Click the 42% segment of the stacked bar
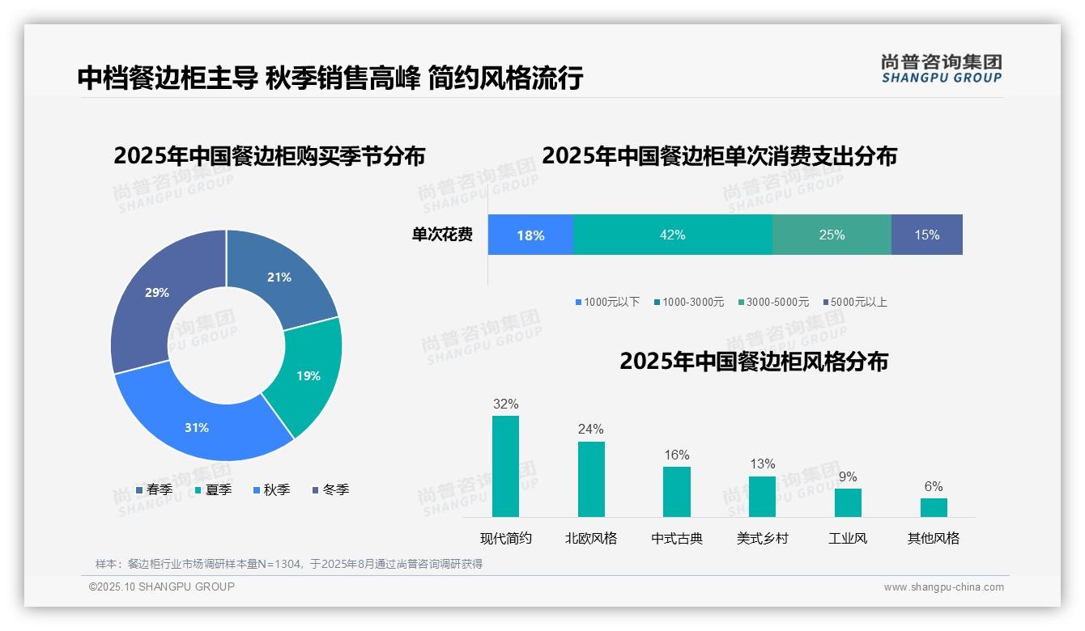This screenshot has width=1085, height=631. [672, 235]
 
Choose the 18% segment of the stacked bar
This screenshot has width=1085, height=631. [530, 235]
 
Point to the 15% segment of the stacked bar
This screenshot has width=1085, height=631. [926, 235]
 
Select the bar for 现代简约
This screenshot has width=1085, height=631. [505, 466]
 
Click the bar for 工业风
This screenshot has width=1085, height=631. [848, 502]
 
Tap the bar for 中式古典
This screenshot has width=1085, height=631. [677, 491]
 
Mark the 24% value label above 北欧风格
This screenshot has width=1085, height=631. [590, 430]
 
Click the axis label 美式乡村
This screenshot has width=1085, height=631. [762, 538]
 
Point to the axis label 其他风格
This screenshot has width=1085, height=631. [933, 538]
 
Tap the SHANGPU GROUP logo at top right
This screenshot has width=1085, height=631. [941, 69]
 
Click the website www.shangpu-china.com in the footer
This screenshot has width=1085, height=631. [943, 587]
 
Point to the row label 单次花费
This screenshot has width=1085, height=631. [442, 235]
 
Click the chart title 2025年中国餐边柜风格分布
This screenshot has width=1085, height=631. [754, 361]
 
